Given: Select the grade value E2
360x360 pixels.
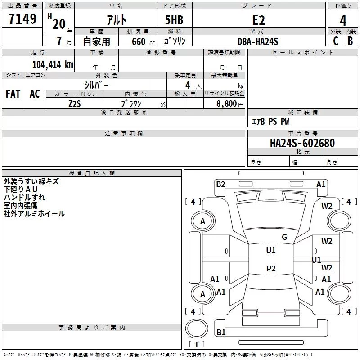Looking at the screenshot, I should (258, 20).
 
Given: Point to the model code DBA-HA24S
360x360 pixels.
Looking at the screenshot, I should (258, 41).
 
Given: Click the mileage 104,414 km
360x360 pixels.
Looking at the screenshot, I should (52, 64).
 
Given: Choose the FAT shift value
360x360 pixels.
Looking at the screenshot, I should (13, 94).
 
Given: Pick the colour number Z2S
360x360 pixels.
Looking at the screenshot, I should (74, 103).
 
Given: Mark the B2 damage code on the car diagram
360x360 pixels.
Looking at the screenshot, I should (220, 184).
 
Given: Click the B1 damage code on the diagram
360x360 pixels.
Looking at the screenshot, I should (220, 333).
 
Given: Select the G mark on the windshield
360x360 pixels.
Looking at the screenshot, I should (284, 237).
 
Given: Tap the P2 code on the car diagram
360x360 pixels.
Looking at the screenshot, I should (270, 269).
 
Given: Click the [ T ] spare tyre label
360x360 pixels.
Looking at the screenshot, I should (196, 344).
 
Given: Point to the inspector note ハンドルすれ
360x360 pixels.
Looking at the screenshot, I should (24, 198).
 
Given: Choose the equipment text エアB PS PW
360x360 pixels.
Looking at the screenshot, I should (270, 122).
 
